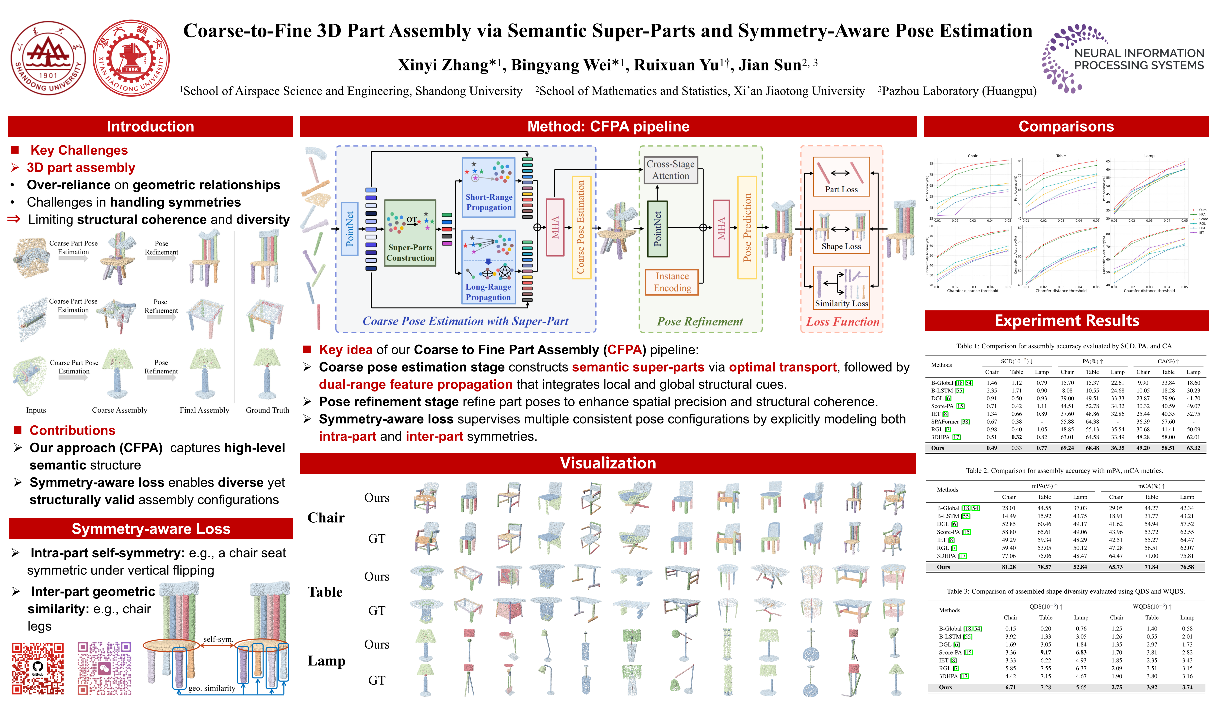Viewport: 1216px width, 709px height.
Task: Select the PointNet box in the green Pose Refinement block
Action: [x=657, y=229]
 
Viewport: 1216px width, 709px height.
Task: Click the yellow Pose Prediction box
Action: [x=747, y=228]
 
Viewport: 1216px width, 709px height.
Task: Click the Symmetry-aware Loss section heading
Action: [x=151, y=529]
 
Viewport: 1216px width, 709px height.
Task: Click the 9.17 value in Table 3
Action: [x=1046, y=653]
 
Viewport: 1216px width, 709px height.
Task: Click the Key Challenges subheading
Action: [x=79, y=150]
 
